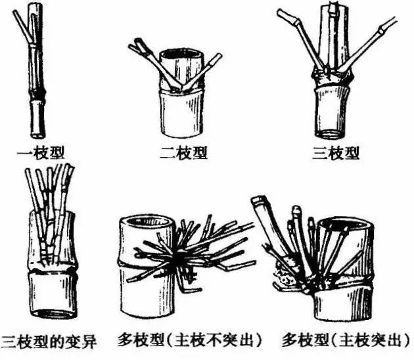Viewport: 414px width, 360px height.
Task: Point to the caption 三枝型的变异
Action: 49,341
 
